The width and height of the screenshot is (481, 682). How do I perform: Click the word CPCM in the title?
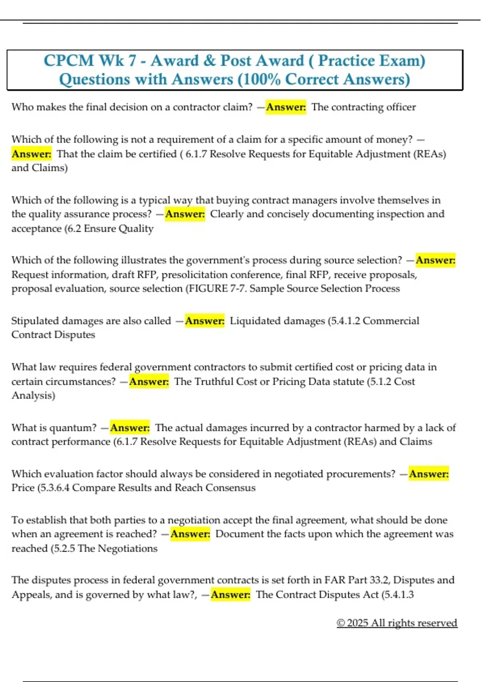[x=69, y=61]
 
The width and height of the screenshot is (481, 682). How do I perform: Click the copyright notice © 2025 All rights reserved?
[x=397, y=623]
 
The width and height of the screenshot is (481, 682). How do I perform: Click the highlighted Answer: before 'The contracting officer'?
[x=286, y=107]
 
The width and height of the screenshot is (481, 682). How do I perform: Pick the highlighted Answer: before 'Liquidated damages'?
[x=204, y=321]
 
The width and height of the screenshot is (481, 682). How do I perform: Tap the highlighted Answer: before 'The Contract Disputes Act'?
[x=230, y=595]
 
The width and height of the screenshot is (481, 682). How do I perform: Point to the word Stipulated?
[x=34, y=321]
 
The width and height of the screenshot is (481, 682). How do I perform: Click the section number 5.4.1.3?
[x=398, y=595]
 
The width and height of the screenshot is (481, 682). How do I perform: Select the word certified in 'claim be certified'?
[x=157, y=154]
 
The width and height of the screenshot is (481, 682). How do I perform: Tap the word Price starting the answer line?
[x=23, y=488]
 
